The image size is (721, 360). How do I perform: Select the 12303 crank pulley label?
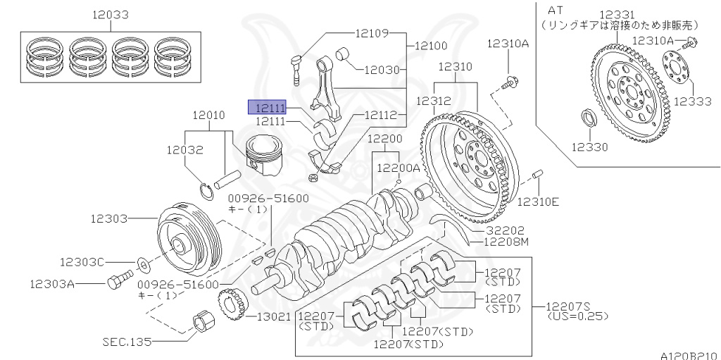pyautogui.click(x=108, y=219)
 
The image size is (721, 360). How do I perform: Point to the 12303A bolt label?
pyautogui.click(x=51, y=284)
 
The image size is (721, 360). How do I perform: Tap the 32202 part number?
pyautogui.click(x=505, y=230)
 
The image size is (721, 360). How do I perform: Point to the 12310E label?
pyautogui.click(x=538, y=202)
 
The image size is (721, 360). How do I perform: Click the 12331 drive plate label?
pyautogui.click(x=617, y=14)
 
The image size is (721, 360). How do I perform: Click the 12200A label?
pyautogui.click(x=399, y=168)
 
